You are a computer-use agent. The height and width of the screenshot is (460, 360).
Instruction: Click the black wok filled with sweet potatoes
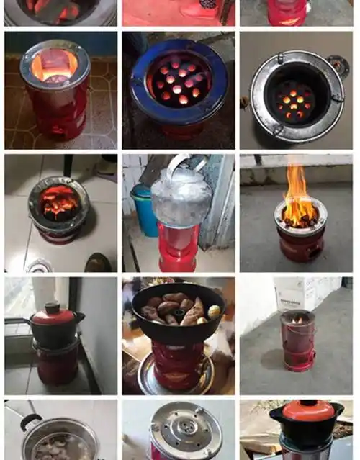pos(177,314)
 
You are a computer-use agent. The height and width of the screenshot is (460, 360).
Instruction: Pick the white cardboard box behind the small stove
pos(296,292)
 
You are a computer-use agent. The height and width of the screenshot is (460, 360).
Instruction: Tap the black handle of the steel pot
pos(30,420)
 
